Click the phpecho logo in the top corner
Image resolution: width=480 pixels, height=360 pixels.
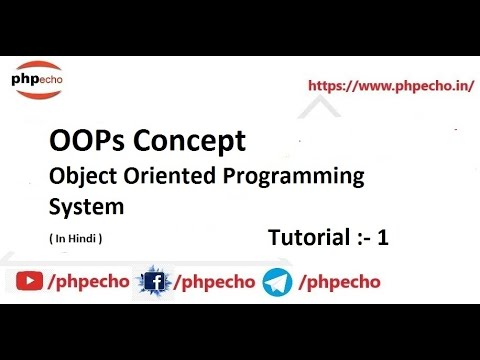pyautogui.click(x=37, y=79)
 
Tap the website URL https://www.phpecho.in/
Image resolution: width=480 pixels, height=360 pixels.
pyautogui.click(x=390, y=85)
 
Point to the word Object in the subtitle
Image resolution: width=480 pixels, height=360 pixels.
pyautogui.click(x=78, y=176)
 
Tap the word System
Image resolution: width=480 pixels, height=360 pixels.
pyautogui.click(x=86, y=207)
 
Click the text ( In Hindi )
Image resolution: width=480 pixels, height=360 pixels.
pyautogui.click(x=75, y=239)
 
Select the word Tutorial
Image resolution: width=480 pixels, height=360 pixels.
pyautogui.click(x=308, y=239)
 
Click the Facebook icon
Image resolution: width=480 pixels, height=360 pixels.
pyautogui.click(x=155, y=282)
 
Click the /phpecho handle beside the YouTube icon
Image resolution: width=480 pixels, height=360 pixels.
pyautogui.click(x=88, y=282)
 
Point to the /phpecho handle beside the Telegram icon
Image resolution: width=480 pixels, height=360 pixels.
pyautogui.click(x=339, y=282)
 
